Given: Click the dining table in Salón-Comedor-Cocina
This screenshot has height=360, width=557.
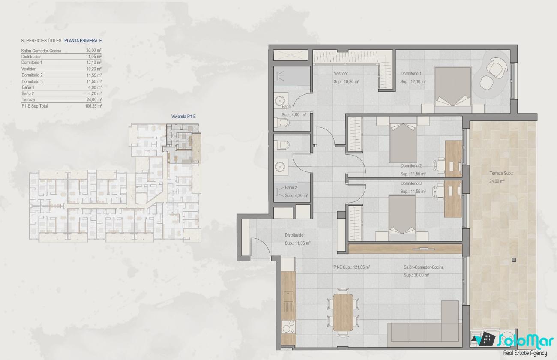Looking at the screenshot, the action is coord(343,313).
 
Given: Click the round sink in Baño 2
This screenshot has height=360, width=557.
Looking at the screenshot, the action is coord(280,166).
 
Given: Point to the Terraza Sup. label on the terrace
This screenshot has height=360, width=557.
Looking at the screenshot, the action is coord(501,174).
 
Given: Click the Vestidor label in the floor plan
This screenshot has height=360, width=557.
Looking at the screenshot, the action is coord(341,73).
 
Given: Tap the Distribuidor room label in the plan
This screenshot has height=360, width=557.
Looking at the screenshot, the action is coord(295,235).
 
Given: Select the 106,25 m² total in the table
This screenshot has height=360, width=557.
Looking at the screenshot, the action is coord(93,106).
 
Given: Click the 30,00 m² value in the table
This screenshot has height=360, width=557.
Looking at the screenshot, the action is coord(93,51).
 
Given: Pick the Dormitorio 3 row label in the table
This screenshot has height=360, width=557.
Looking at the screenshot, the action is coord(32,81).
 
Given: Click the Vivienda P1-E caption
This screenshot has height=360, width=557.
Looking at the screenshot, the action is coord(183,117).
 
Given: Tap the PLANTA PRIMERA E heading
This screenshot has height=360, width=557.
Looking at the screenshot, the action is coord(83,41).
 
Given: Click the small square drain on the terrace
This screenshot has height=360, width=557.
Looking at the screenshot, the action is coord(514,260).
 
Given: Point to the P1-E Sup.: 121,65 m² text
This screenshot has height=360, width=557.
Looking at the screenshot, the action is coord(352,267).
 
